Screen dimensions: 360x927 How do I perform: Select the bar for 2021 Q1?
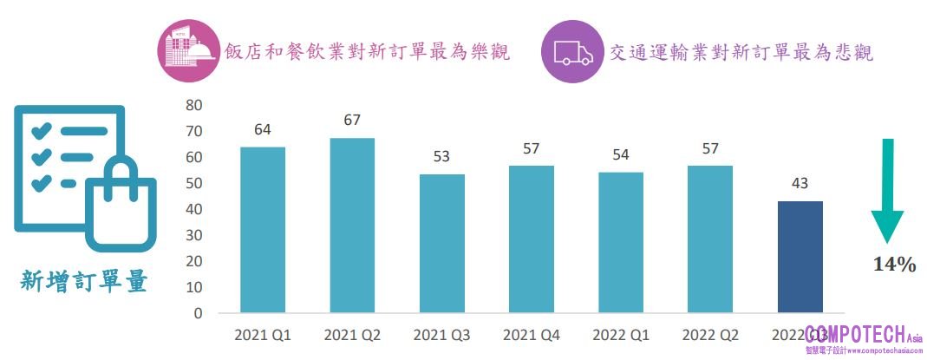tap(263, 230)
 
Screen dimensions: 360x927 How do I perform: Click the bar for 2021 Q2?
tap(352, 225)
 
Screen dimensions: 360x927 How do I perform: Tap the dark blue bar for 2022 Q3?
tap(800, 257)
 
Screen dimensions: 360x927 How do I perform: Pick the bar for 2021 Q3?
tap(441, 243)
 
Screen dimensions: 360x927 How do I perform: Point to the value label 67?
tap(352, 120)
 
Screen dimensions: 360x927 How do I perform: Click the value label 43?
tap(800, 184)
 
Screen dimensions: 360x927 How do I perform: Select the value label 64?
tap(263, 129)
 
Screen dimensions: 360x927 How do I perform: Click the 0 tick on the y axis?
tap(198, 313)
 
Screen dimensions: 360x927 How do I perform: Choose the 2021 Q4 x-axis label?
tap(531, 335)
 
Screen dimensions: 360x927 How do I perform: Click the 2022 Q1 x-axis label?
tap(621, 335)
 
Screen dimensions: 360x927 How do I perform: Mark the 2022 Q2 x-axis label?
tap(710, 335)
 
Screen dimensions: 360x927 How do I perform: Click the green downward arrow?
tap(886, 190)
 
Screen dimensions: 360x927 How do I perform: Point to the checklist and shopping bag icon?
tap(84, 176)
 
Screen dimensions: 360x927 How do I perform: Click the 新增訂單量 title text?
tap(84, 281)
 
